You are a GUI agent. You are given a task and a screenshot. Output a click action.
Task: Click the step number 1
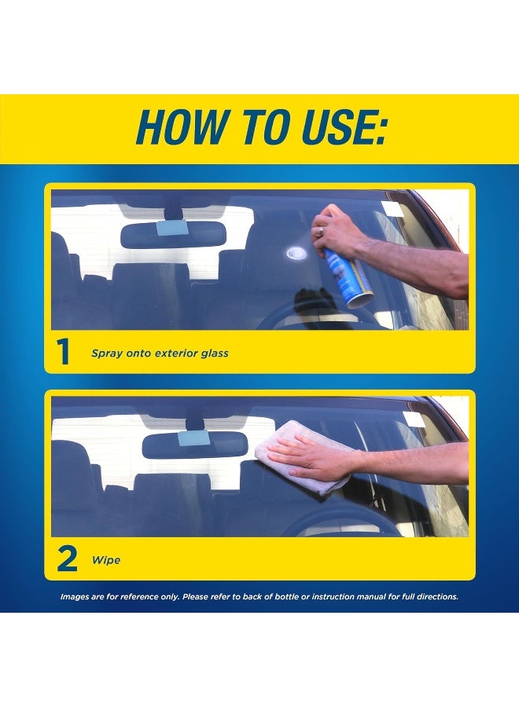63,352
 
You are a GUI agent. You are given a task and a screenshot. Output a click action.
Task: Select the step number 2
67,559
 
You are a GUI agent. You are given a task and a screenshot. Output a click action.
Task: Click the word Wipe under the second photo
106,560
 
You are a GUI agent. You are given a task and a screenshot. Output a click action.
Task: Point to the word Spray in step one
107,353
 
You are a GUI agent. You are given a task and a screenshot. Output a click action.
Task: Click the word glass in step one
215,353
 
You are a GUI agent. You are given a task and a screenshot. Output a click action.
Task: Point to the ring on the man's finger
320,231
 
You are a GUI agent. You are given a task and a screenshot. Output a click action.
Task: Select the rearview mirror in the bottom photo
195,445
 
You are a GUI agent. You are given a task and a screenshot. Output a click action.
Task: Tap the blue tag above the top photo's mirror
171,228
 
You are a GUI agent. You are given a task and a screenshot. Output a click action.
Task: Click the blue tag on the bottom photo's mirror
194,438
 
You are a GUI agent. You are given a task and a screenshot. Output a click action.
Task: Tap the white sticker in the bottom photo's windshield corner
415,419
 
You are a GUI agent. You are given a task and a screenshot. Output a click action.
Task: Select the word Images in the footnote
75,597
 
